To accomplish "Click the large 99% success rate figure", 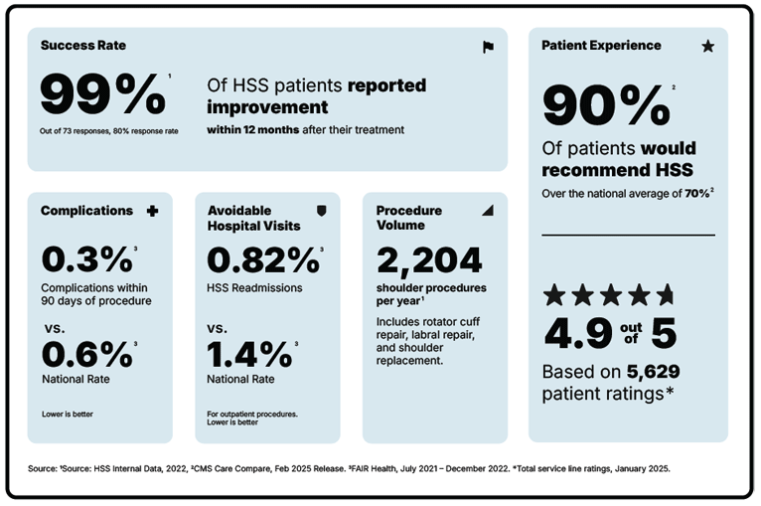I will click(x=101, y=94).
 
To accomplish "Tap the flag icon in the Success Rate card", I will click(x=488, y=47).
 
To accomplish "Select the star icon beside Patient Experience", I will click(x=707, y=46).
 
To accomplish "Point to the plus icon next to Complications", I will click(x=152, y=211).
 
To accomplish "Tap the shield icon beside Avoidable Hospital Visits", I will click(x=320, y=211).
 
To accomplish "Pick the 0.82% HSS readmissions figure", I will click(x=262, y=259).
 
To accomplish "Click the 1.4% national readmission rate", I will click(x=248, y=355).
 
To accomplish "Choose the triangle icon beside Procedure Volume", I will click(x=487, y=211).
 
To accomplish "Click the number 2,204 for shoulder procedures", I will click(x=429, y=259).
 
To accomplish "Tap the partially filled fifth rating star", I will click(x=665, y=294).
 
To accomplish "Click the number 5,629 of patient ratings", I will click(x=653, y=372).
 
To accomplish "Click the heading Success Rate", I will click(x=83, y=46).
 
